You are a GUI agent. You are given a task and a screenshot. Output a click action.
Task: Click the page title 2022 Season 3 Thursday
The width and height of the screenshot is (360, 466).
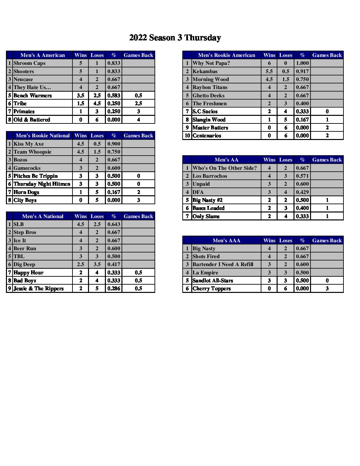click(175, 38)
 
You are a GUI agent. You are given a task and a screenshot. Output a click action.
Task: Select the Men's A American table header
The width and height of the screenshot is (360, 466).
click(43, 55)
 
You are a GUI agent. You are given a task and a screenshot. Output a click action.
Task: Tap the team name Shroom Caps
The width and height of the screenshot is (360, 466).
click(29, 63)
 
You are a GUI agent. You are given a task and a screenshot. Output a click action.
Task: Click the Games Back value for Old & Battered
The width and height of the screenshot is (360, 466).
click(138, 120)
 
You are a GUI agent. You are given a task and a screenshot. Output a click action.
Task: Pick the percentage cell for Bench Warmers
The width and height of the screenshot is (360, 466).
click(113, 96)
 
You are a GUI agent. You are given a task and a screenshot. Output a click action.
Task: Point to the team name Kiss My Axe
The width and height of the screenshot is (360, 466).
click(28, 144)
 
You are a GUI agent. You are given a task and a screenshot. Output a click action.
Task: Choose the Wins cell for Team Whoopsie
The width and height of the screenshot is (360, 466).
click(80, 152)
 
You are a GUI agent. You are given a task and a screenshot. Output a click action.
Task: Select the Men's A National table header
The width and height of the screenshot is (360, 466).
click(43, 216)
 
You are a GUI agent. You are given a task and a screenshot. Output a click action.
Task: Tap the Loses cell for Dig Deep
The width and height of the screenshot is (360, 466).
click(97, 264)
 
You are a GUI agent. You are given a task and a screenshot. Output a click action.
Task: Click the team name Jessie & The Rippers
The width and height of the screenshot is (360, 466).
click(38, 289)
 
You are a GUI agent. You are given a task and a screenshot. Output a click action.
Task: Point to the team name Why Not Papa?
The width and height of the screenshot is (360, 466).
click(211, 63)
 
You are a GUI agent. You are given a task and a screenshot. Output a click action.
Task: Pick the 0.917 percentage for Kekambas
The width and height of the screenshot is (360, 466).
click(302, 71)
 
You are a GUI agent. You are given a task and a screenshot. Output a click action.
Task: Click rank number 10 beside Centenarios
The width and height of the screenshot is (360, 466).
click(187, 136)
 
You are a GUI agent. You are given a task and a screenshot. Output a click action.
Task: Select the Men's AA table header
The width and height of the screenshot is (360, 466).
click(226, 160)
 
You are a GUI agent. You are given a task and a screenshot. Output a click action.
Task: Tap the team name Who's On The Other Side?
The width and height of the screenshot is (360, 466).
click(224, 168)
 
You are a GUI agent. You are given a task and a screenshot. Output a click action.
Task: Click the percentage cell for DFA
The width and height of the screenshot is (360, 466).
click(302, 192)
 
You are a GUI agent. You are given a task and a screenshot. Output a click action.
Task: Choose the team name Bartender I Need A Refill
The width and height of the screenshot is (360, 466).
click(223, 264)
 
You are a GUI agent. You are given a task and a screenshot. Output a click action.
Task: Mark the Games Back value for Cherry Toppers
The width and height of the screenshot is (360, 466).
click(327, 289)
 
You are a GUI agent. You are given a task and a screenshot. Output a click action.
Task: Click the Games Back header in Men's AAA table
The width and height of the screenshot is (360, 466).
click(327, 241)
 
